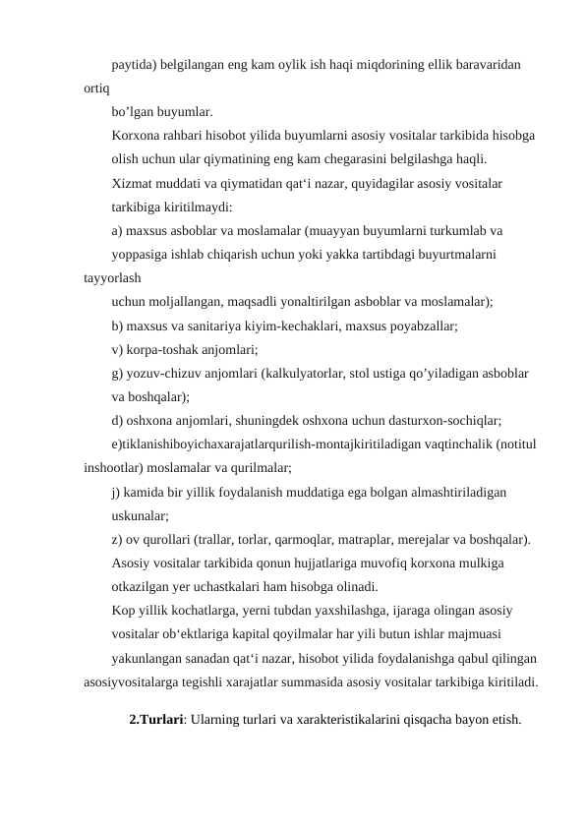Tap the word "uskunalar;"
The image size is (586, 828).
tap(141, 515)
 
